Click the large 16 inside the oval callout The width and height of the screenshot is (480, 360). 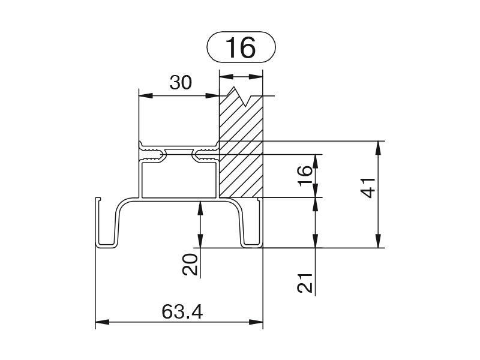click(x=240, y=47)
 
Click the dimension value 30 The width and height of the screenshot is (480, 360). click(x=181, y=83)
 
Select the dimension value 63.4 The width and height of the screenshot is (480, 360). click(x=182, y=312)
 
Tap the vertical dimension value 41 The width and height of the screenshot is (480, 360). click(x=368, y=188)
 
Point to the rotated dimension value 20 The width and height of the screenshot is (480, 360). click(x=190, y=265)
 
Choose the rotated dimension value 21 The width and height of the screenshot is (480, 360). click(x=305, y=283)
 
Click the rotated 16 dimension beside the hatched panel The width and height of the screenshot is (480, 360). click(x=305, y=176)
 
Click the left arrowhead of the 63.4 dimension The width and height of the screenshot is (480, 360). click(x=102, y=322)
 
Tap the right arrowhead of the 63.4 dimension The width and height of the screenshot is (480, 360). click(x=256, y=322)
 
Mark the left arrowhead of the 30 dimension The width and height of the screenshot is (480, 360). click(x=145, y=95)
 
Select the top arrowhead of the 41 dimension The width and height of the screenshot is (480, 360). click(x=379, y=148)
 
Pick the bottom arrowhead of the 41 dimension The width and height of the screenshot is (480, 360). click(x=379, y=241)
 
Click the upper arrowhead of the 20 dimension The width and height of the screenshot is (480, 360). click(x=200, y=208)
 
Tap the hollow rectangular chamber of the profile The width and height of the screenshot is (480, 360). click(x=179, y=181)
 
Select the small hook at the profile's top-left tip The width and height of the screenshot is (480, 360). click(x=98, y=199)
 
